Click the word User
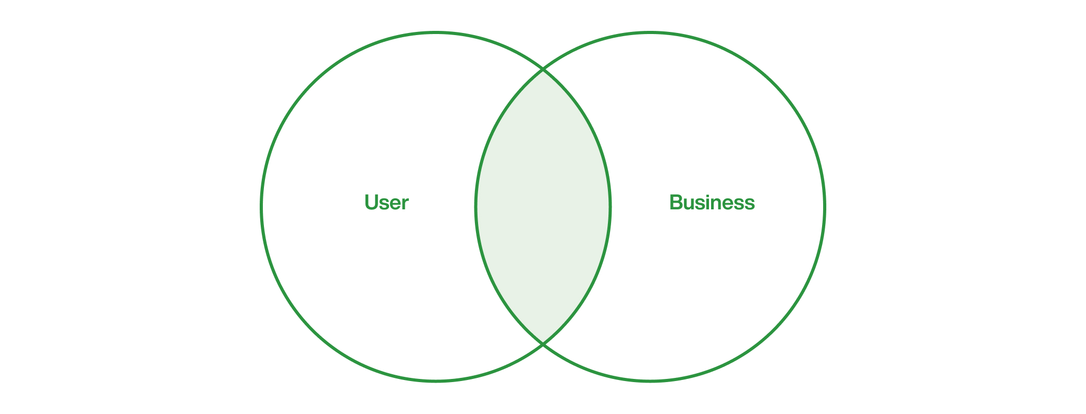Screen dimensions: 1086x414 (x=386, y=203)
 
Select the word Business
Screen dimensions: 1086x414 (x=712, y=203)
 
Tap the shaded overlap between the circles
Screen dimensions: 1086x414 (x=543, y=207)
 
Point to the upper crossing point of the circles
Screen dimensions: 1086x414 (x=543, y=70)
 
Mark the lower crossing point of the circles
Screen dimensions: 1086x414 (x=543, y=344)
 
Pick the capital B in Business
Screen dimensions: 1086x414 (x=677, y=203)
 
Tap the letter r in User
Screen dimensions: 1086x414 (x=405, y=205)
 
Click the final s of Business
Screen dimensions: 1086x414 (x=750, y=205)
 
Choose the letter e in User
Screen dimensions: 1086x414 (x=395, y=205)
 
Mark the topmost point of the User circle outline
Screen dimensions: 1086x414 (x=436, y=32)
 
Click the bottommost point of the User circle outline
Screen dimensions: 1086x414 (x=436, y=381)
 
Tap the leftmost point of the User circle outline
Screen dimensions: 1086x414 (x=261, y=207)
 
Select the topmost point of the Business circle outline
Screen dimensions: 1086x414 (x=650, y=32)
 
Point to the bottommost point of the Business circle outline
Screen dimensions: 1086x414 (x=650, y=381)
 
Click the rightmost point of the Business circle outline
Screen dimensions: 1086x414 (x=824, y=207)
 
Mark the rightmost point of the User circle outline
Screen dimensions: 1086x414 (x=610, y=207)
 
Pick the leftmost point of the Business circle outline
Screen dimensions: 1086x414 (x=476, y=207)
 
